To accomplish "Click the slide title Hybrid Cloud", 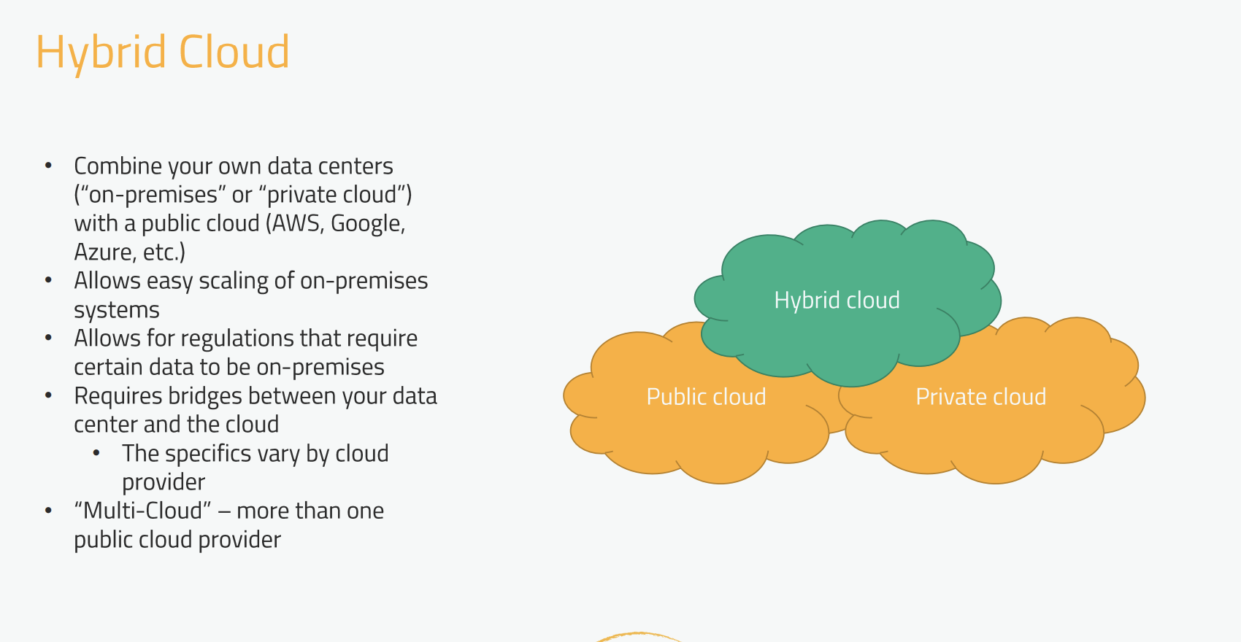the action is pyautogui.click(x=162, y=52).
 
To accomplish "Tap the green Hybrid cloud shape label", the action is pyautogui.click(x=837, y=300).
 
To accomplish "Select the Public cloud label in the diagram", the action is pyautogui.click(x=706, y=396).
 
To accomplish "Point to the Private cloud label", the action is pyautogui.click(x=980, y=396).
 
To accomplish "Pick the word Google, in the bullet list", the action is pyautogui.click(x=368, y=223).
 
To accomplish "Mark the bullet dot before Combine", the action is pyautogui.click(x=48, y=166).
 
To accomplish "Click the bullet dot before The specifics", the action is pyautogui.click(x=96, y=453).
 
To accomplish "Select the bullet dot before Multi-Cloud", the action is pyautogui.click(x=48, y=511).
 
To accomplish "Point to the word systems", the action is pyautogui.click(x=117, y=310).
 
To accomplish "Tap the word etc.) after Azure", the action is pyautogui.click(x=164, y=252).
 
